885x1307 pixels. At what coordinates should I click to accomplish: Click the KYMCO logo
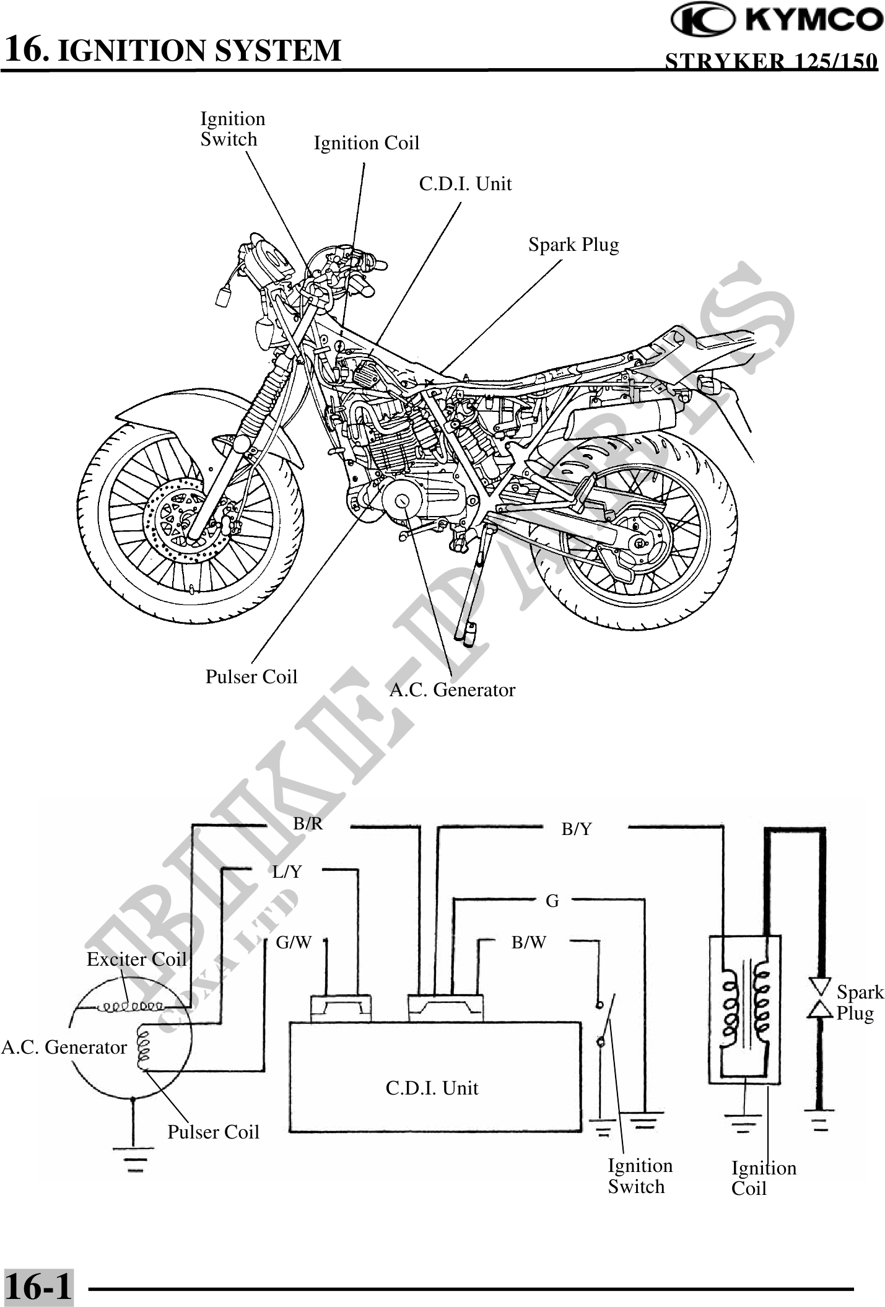pos(777,20)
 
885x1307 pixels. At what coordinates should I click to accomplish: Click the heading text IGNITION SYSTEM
pos(199,50)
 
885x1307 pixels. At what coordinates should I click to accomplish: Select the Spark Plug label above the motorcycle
pos(573,245)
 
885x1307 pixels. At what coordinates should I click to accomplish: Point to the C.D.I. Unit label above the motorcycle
pos(465,184)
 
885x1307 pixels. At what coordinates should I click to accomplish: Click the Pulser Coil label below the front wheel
pos(251,676)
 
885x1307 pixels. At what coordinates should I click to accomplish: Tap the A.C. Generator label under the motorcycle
pos(451,689)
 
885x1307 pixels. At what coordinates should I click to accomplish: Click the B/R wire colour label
pos(308,824)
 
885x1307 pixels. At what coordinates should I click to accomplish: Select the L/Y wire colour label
pos(287,872)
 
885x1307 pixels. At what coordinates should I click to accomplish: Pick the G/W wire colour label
pos(294,942)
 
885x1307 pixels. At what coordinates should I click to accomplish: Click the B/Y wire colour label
pos(576,829)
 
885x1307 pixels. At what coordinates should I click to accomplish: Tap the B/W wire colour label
pos(528,942)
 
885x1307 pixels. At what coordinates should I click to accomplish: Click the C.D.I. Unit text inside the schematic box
pos(432,1088)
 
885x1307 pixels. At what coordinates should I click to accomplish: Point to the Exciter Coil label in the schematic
pos(136,959)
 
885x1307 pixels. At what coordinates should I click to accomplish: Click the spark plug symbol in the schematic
pos(819,998)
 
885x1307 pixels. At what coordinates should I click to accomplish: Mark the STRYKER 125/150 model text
pos(770,61)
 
